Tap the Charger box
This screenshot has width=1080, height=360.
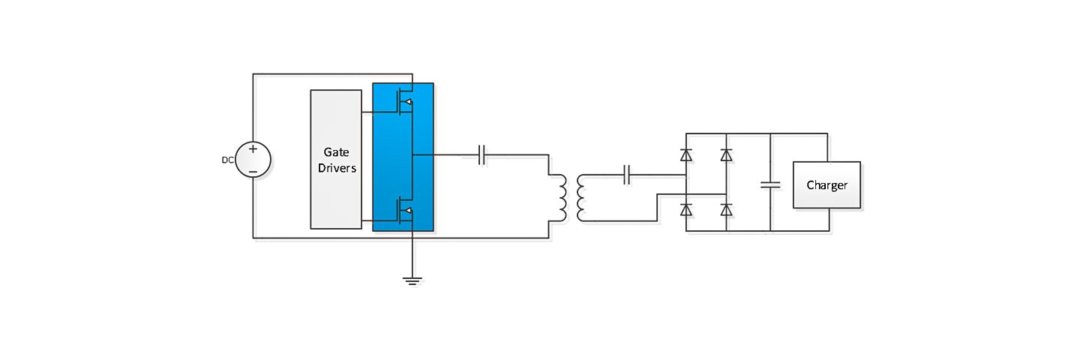(827, 184)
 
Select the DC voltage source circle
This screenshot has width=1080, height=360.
(253, 160)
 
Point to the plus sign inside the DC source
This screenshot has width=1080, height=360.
(253, 149)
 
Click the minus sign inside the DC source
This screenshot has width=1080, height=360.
(253, 171)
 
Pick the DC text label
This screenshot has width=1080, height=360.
(227, 160)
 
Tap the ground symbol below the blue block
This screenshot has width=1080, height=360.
(412, 280)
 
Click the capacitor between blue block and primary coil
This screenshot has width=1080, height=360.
(482, 155)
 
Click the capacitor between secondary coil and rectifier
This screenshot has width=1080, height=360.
(628, 177)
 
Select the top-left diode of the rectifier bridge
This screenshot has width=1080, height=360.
(685, 155)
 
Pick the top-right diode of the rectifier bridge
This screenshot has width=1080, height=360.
(726, 155)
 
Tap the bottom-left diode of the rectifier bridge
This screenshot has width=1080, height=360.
(685, 209)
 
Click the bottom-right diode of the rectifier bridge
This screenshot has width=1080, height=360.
(726, 209)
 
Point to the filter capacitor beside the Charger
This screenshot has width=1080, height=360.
(770, 184)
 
